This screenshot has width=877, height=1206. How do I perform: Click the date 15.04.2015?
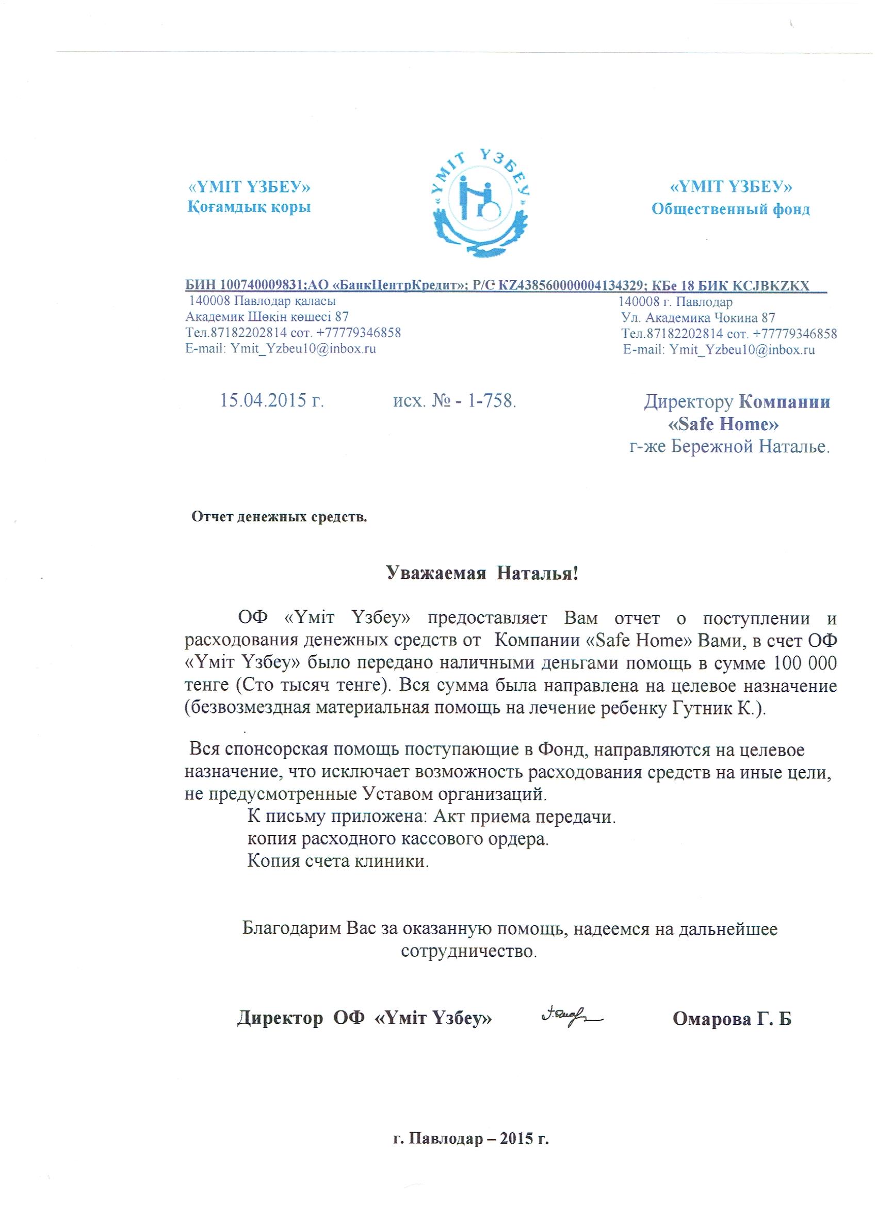click(x=272, y=400)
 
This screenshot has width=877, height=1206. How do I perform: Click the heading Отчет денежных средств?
click(x=279, y=517)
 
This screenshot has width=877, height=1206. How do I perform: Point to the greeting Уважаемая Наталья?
click(x=481, y=573)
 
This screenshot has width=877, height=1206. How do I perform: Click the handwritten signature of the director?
click(x=570, y=1017)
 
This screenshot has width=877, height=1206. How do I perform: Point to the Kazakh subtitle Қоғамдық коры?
click(x=249, y=207)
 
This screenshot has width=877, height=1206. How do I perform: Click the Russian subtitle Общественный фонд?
click(x=730, y=209)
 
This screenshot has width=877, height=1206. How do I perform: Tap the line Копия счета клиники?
click(x=338, y=861)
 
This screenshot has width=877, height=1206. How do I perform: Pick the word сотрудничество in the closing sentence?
click(x=468, y=951)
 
